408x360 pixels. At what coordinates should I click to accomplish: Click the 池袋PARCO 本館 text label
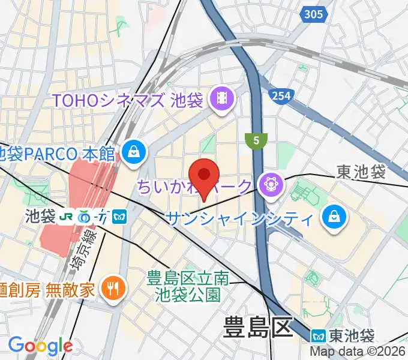pos(57,154)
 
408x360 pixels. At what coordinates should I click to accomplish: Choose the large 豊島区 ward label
pos(257,329)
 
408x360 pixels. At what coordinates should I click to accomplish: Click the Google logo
pos(40,346)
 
